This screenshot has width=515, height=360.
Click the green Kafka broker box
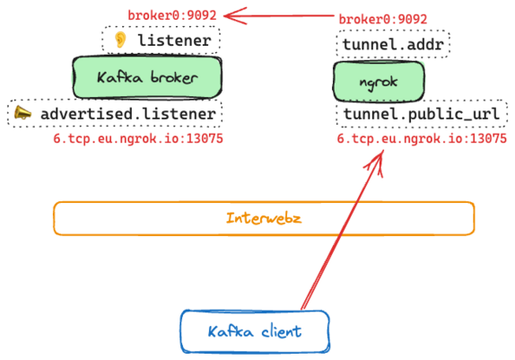pos(147,77)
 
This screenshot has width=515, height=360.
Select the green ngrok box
pos(379,82)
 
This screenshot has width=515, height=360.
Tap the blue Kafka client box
pos(255,331)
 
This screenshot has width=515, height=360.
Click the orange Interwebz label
pos(264,218)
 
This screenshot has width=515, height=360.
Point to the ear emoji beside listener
pos(120,40)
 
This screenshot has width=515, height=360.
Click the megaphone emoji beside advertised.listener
pos(22,113)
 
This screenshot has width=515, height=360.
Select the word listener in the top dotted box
pos(174,40)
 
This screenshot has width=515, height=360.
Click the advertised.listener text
pos(128,114)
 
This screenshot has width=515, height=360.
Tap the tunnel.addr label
pos(393,44)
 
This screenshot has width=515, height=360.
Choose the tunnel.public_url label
pos(422,114)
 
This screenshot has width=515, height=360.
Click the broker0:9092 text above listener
pos(172,15)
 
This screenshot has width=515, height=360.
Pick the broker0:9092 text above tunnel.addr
pos(383,19)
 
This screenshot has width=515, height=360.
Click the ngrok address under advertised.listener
pos(138,138)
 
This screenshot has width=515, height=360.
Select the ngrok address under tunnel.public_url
pos(422,138)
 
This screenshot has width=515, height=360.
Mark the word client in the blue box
pos(282,331)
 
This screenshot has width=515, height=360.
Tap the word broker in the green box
pos(174,77)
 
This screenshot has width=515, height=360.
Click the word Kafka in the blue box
pos(231,331)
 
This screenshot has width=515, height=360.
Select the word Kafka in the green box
pos(120,77)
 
